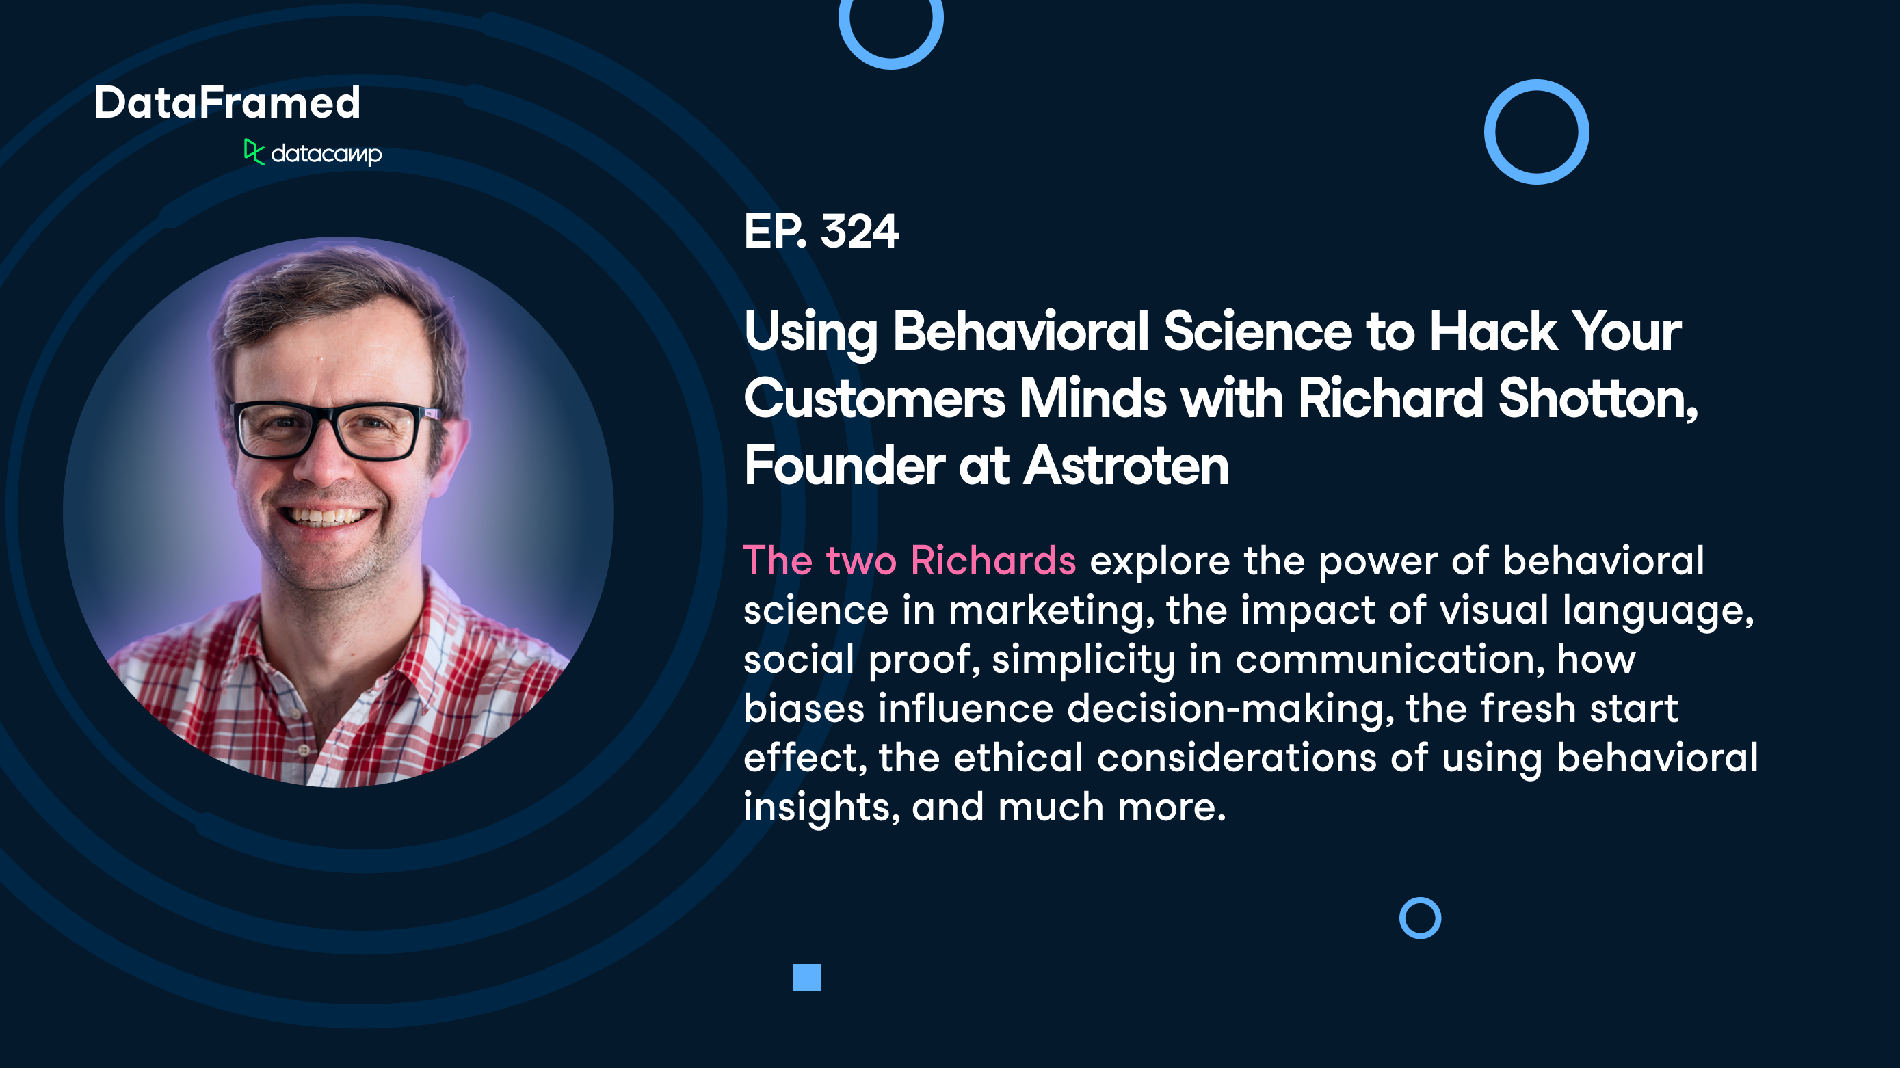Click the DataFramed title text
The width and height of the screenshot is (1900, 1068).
227,103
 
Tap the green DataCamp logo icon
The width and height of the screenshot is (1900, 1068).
253,152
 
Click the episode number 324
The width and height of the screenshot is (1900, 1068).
859,232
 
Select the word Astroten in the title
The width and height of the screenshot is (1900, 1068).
1126,466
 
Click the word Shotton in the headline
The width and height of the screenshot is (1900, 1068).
1598,399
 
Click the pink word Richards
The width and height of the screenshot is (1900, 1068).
993,561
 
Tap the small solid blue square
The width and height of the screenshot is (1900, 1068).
807,977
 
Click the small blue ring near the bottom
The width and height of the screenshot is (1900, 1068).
1420,918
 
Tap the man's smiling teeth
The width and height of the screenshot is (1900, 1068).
327,515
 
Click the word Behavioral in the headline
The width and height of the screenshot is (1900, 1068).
1021,331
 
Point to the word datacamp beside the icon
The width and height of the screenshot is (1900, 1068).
326,154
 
